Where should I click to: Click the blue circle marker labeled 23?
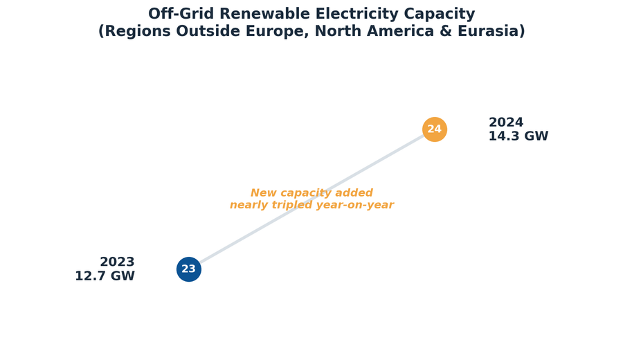pos(189,269)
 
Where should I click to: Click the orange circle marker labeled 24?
pos(435,129)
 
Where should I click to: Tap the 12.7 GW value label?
pos(105,276)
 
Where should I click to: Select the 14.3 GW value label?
pos(518,136)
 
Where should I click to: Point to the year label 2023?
pos(117,262)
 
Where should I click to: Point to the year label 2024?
pos(506,122)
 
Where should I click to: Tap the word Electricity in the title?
pos(356,15)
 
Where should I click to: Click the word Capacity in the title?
pos(440,15)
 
